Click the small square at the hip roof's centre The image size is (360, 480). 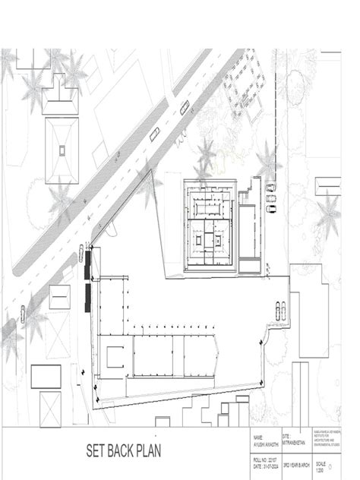[62, 150]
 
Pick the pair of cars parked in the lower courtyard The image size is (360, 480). [280, 309]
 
